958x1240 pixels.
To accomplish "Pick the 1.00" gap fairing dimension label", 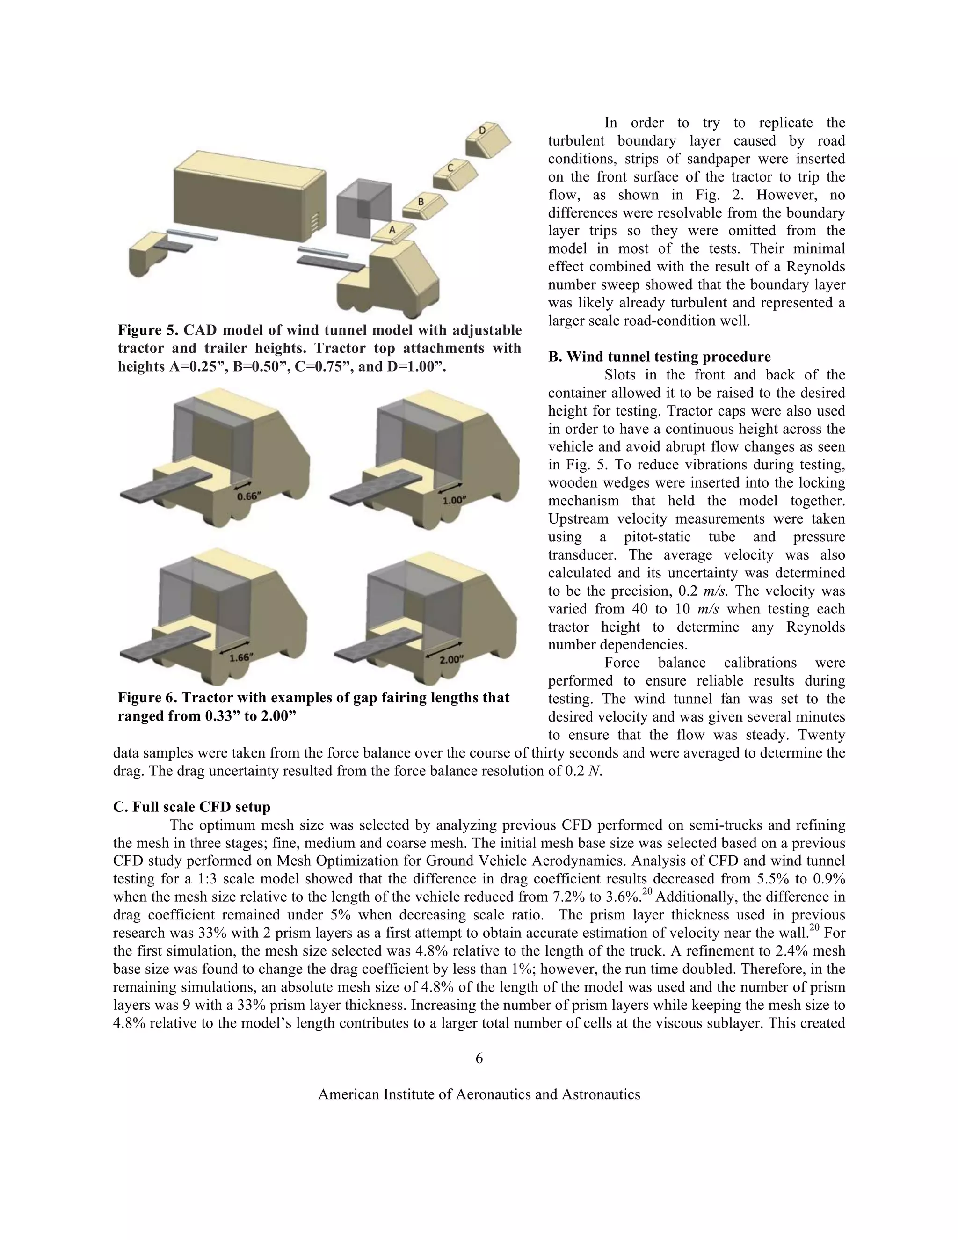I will (x=455, y=499).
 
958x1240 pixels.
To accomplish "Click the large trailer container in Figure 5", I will (x=250, y=193).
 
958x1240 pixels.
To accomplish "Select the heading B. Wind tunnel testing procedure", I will (x=659, y=357).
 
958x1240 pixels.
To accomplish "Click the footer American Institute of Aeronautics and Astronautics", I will (x=479, y=1094).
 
